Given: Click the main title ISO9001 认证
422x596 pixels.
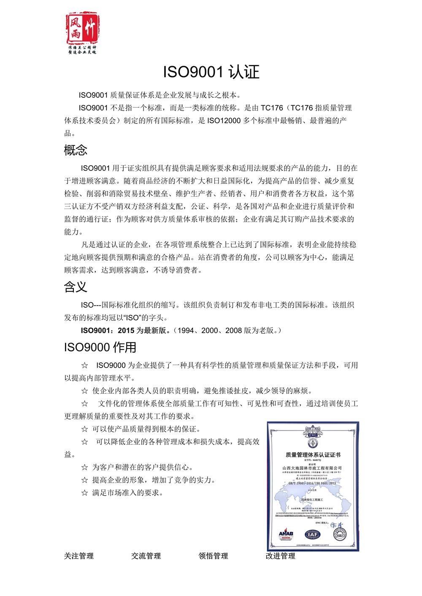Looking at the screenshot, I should tap(211, 72).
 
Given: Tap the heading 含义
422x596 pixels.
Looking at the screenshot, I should tap(76, 287).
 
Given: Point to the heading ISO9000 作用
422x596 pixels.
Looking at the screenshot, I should tap(100, 347).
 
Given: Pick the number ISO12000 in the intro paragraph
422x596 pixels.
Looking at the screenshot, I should tap(224, 121).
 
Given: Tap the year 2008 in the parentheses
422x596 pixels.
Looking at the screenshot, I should tap(234, 330).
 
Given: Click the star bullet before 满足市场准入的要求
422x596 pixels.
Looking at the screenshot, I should tap(84, 492).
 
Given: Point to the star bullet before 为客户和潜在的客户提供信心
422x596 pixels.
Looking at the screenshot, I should tap(84, 467).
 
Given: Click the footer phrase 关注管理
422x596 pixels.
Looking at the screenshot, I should tap(79, 556).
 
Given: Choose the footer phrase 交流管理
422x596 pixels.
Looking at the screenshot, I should tap(146, 556).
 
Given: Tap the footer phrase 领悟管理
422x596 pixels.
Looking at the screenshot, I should tap(213, 556).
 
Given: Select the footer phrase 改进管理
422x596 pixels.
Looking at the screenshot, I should tap(281, 556).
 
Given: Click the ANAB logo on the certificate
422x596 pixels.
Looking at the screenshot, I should tap(286, 534).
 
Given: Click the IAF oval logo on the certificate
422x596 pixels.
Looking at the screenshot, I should tap(313, 534).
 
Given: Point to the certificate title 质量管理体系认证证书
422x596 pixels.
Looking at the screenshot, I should tap(313, 455).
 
